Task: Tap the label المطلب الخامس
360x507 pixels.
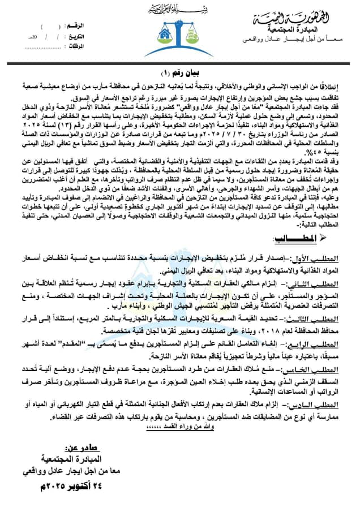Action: point(318,368)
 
